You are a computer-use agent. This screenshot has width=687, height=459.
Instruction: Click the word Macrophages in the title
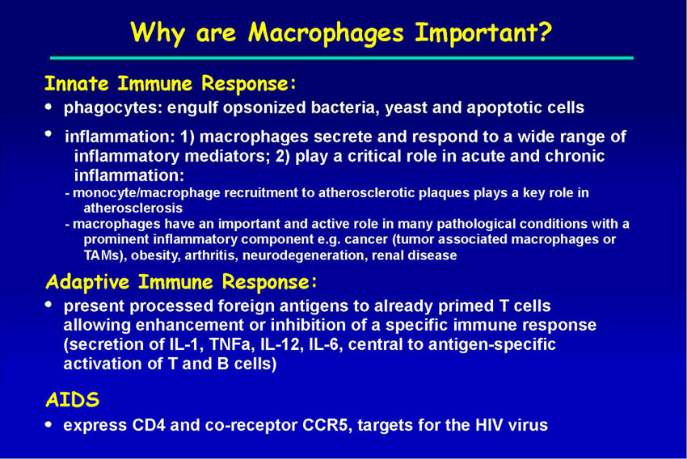[x=326, y=33]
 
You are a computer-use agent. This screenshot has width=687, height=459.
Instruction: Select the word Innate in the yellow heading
[x=77, y=83]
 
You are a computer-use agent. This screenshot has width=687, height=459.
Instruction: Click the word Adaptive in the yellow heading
[x=87, y=281]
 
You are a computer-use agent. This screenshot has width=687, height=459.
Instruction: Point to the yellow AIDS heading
[x=73, y=400]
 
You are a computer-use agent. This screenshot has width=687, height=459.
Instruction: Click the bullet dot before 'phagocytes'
[x=48, y=107]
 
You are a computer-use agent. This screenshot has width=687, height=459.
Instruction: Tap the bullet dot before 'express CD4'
[x=48, y=424]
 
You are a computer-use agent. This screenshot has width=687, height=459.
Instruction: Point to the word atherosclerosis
[x=133, y=208]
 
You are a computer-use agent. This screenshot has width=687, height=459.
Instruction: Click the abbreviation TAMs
[x=102, y=255]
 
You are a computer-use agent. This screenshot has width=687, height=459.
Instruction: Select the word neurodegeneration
[x=304, y=255]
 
